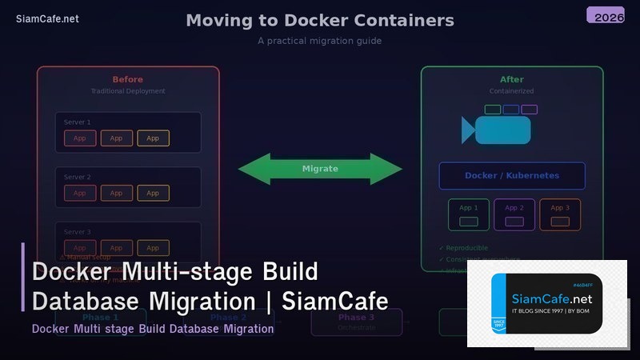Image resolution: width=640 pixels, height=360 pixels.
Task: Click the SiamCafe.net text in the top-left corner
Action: click(x=47, y=19)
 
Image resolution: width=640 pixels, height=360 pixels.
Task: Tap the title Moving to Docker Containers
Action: click(x=319, y=21)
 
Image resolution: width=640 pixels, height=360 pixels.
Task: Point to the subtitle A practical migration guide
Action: click(x=319, y=41)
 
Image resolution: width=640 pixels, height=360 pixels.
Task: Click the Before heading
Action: click(x=128, y=79)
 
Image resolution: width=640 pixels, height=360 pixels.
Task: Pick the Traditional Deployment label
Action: click(x=128, y=91)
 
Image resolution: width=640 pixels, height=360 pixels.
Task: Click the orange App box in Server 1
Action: click(x=153, y=138)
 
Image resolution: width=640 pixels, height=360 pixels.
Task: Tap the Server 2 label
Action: click(x=78, y=177)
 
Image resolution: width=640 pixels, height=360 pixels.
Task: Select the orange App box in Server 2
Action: click(x=153, y=193)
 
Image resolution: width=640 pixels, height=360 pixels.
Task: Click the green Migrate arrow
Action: click(x=320, y=169)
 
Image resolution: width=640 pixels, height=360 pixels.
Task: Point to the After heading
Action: click(x=512, y=79)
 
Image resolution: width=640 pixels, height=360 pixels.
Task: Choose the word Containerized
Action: click(x=512, y=91)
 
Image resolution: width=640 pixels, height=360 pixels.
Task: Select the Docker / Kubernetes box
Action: click(x=512, y=176)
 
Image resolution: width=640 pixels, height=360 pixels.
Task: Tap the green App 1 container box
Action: click(x=469, y=215)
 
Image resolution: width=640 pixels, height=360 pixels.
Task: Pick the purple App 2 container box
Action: click(x=514, y=215)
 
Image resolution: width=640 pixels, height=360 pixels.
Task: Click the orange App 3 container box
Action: click(x=560, y=215)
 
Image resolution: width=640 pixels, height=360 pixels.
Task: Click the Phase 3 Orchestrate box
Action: click(x=356, y=322)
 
